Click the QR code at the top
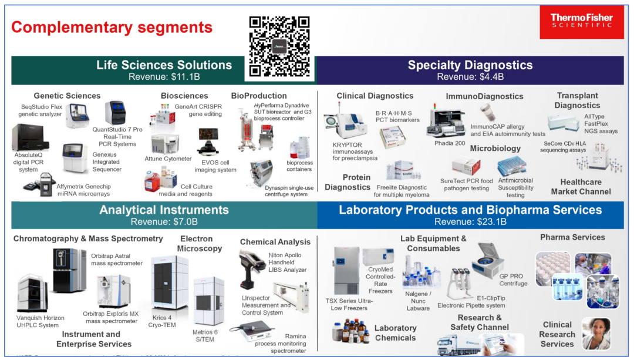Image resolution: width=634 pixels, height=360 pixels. point(279,47)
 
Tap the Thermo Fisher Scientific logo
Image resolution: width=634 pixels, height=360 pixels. point(581,22)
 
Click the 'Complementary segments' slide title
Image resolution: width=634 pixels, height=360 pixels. point(112,27)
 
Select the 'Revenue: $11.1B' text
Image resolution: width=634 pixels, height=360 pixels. point(164,76)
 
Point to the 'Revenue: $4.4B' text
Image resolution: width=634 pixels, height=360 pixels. point(470,76)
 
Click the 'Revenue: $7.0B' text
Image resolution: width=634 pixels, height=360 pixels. point(164,221)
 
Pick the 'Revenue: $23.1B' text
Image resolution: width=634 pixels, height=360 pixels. point(470,221)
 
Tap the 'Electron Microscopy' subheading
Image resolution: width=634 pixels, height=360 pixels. point(201,244)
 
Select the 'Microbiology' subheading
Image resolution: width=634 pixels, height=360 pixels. point(495,149)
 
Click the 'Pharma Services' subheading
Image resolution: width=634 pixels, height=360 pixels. point(572,237)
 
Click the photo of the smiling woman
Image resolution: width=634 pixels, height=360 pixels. point(596,334)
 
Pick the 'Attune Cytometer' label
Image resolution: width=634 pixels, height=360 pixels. point(168,159)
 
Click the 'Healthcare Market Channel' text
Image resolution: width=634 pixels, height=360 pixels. point(581,187)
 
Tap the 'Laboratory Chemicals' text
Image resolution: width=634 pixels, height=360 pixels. point(395,333)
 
